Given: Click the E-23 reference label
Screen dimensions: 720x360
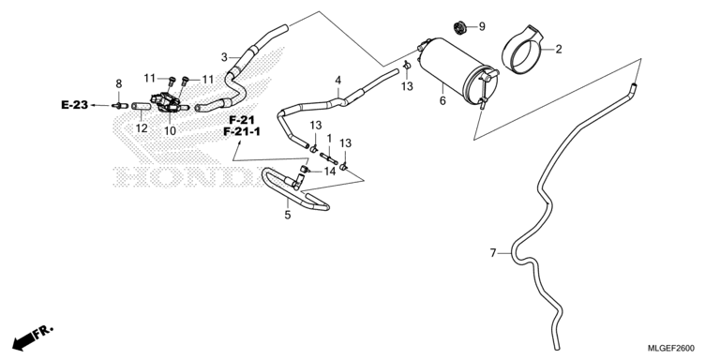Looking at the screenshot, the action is point(74,105).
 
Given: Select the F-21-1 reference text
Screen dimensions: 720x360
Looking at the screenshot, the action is point(242,132).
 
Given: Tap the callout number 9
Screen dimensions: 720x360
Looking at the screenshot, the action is point(482,26).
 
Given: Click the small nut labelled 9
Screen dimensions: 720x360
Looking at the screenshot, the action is point(458,27).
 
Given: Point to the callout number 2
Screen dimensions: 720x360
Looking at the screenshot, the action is point(559,49).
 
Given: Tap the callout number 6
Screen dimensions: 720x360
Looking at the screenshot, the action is point(442,100).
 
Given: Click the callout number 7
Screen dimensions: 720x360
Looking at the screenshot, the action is point(493,253).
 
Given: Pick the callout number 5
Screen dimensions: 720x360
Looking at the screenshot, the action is point(288,215).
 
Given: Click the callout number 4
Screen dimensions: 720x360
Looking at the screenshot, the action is point(337,81).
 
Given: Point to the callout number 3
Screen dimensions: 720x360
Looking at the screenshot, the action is point(224,57).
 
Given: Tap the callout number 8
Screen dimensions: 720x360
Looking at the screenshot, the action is point(119,83).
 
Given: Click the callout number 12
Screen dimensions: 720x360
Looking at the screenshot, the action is point(142,128).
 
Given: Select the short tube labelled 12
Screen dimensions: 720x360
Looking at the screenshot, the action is point(142,107).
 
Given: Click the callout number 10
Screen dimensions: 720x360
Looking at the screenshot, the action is point(170,131).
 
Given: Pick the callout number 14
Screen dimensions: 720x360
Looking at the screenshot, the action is point(330,172).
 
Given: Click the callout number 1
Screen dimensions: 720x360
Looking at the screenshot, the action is point(329,138).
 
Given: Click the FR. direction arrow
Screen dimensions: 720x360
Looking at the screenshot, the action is point(32,337).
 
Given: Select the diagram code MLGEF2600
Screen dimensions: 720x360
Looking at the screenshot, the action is point(671,348).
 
